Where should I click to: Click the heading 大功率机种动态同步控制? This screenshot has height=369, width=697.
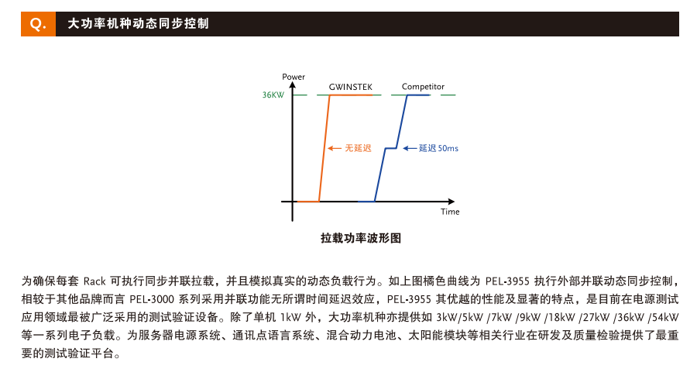(x=139, y=24)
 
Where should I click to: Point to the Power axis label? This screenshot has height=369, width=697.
(x=294, y=77)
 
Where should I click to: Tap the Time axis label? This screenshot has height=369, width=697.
(x=450, y=212)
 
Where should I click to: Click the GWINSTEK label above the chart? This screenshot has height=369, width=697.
(x=350, y=86)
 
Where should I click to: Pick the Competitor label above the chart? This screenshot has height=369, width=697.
(x=423, y=86)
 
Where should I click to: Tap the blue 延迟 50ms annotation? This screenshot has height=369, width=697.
(x=438, y=147)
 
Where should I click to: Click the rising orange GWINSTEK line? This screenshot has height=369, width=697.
(x=325, y=147)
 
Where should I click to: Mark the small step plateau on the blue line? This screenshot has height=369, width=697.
(x=392, y=147)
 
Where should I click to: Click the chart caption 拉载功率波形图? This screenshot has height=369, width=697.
(x=361, y=238)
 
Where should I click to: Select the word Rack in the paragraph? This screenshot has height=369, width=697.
(x=94, y=281)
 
